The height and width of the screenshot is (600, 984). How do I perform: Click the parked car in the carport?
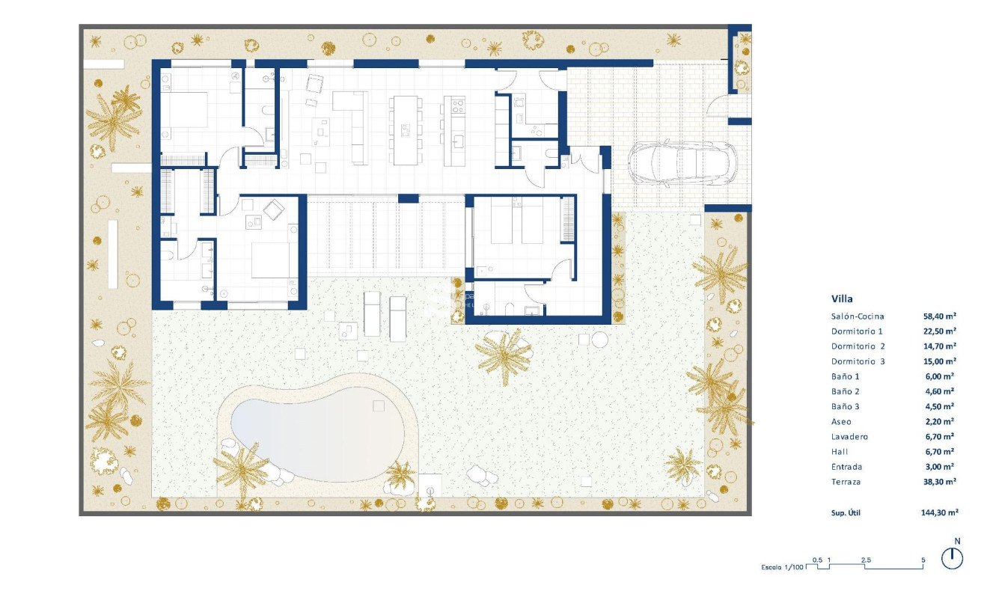pyautogui.click(x=682, y=163)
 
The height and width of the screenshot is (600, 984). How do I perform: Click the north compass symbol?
pyautogui.click(x=952, y=558)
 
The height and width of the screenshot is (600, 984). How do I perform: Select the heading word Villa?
pyautogui.click(x=842, y=299)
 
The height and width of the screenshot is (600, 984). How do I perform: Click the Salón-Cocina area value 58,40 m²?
pyautogui.click(x=940, y=316)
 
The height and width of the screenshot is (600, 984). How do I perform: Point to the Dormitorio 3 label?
pyautogui.click(x=858, y=361)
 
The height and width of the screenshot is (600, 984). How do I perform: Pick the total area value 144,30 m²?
pyautogui.click(x=940, y=513)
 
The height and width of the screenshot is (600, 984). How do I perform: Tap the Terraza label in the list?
pyautogui.click(x=846, y=482)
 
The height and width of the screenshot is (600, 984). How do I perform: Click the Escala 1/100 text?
pyautogui.click(x=783, y=567)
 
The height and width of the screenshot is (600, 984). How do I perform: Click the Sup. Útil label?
pyautogui.click(x=848, y=513)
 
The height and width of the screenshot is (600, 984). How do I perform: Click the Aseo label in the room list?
pyautogui.click(x=841, y=422)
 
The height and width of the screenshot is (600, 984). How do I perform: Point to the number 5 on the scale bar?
pyautogui.click(x=923, y=560)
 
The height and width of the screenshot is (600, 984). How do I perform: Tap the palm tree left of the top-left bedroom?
pyautogui.click(x=114, y=116)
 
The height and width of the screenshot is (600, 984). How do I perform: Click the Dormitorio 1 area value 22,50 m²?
pyautogui.click(x=940, y=331)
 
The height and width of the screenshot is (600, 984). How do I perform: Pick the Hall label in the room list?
pyautogui.click(x=840, y=452)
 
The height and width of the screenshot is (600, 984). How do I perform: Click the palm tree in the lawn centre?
pyautogui.click(x=506, y=355)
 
